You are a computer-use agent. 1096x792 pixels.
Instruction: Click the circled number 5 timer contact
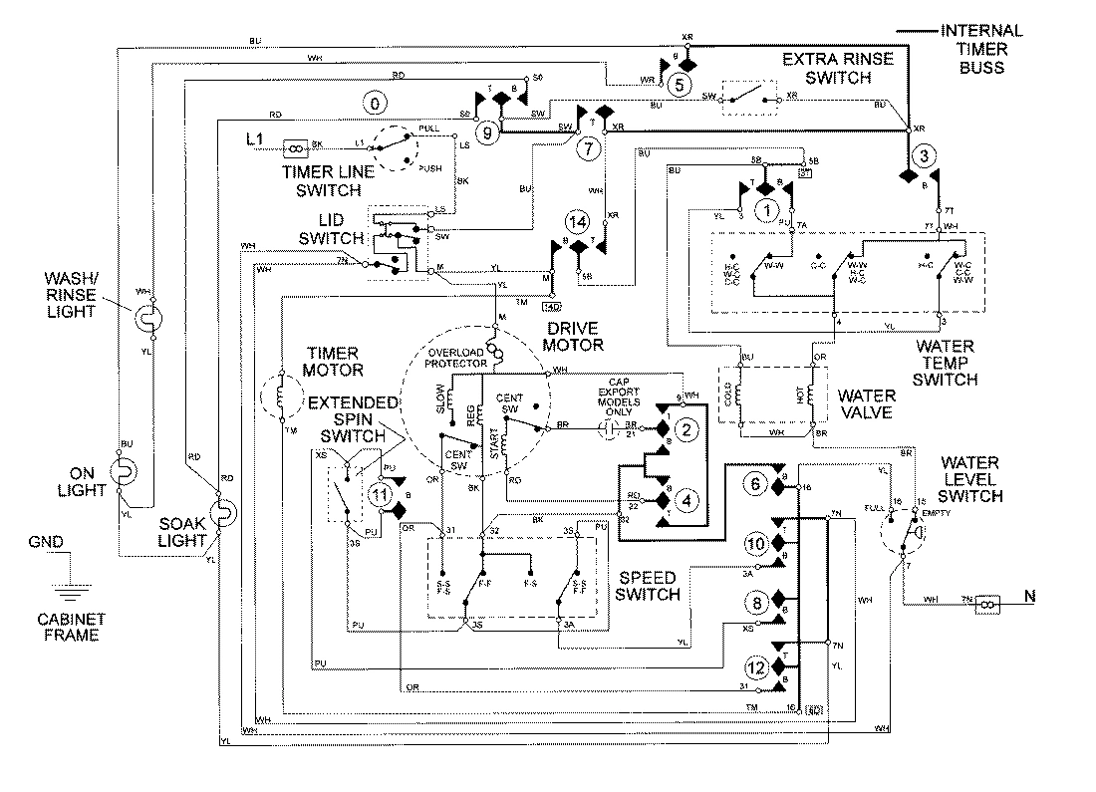679,84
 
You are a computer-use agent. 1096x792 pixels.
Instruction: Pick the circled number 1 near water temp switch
766,209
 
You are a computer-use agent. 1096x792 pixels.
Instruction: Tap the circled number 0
374,103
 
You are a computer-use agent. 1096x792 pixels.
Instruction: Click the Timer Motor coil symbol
280,401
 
